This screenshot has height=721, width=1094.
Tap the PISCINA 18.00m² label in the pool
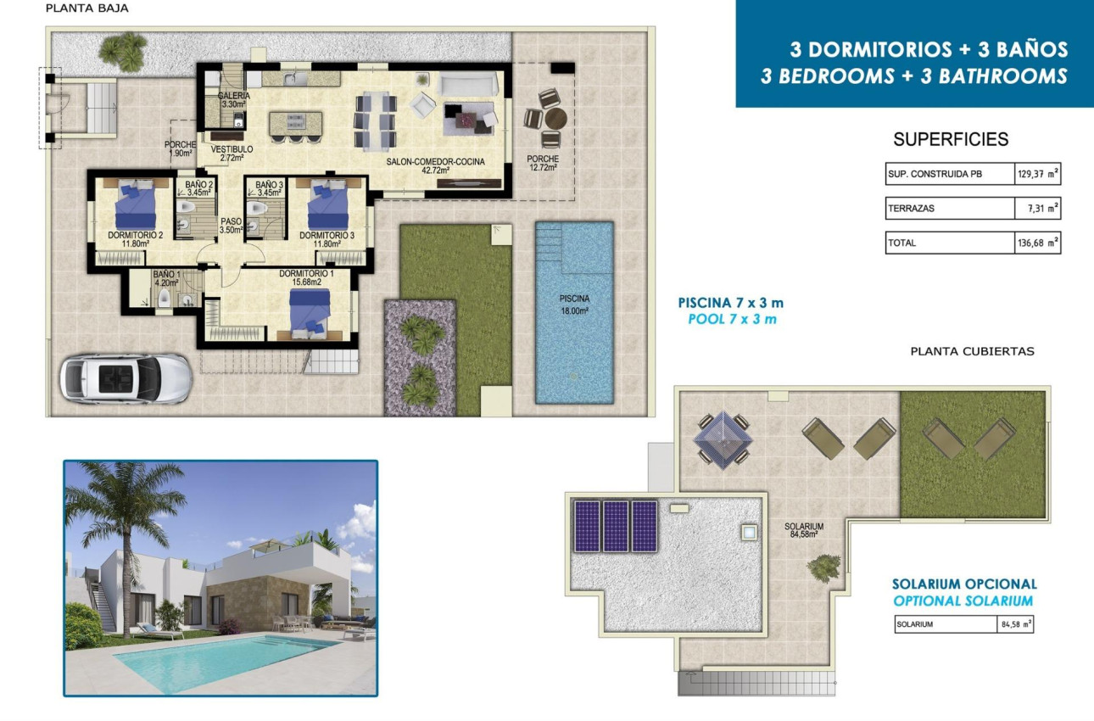(574, 304)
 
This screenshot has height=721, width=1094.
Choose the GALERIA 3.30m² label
(233, 100)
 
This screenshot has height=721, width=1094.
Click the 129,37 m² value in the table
(1037, 175)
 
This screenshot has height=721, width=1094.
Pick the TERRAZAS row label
(911, 209)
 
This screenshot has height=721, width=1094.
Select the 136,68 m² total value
(1037, 243)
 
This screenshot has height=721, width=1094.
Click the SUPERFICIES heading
(951, 140)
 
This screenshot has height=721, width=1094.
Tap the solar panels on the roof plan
(616, 525)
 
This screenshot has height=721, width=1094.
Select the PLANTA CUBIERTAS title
(972, 351)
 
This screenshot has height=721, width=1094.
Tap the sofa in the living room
(468, 84)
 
